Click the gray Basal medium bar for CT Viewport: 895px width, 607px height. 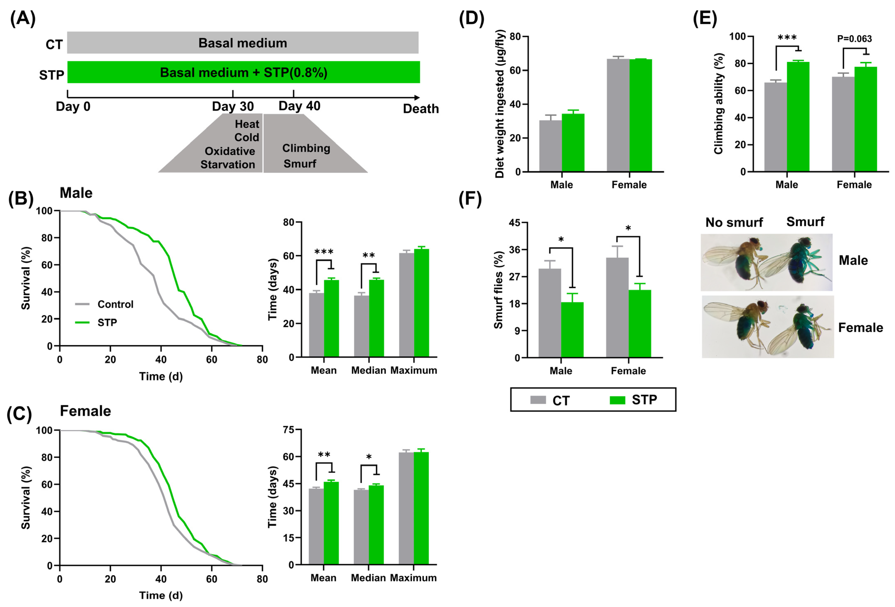(243, 43)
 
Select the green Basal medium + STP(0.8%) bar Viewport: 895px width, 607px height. (243, 72)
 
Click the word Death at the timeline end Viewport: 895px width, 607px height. (421, 109)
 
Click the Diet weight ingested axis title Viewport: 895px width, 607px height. (500, 104)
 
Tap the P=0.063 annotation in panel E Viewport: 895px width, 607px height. (854, 39)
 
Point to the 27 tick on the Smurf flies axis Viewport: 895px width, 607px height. (514, 277)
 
